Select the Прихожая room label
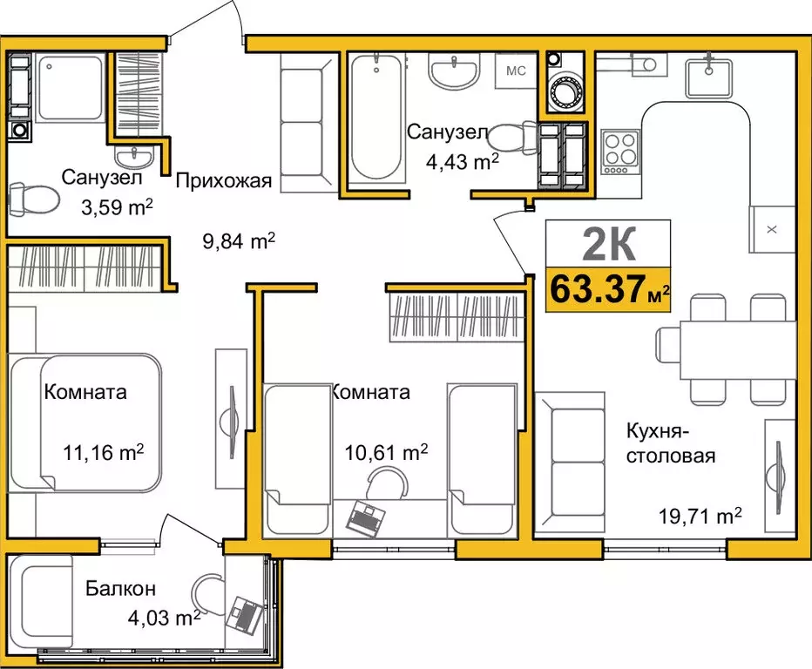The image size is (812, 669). (224, 181)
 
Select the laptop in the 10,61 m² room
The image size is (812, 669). (363, 517)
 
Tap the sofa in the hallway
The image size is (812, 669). (308, 125)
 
